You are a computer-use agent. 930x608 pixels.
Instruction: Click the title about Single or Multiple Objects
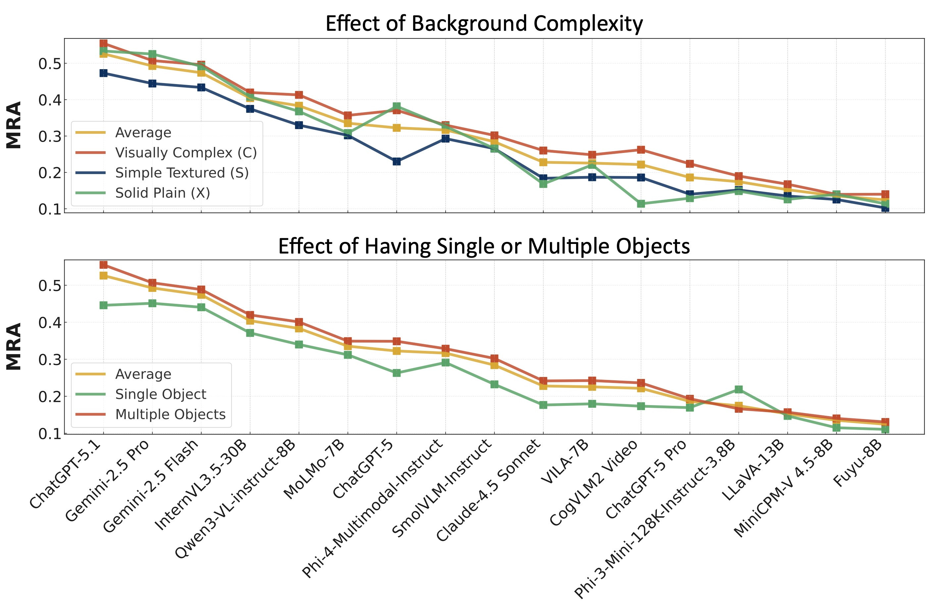pos(484,246)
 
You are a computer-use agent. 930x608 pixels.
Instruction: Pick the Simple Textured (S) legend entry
pos(182,173)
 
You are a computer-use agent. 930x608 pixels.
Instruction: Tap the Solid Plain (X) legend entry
pos(162,193)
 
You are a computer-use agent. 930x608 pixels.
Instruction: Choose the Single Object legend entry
pos(160,394)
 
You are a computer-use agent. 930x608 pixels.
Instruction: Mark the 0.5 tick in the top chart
pos(50,64)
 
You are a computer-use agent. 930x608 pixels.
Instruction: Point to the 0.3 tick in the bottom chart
pos(50,360)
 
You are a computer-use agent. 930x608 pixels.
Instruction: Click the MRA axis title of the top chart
pos(14,125)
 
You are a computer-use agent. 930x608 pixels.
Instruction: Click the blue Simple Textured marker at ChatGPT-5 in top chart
pos(397,162)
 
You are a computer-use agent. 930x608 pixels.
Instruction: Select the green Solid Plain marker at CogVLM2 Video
pos(641,204)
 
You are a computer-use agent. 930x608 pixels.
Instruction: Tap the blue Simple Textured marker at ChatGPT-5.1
pos(104,73)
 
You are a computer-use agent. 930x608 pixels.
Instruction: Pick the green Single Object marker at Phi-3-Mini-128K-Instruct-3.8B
pos(739,389)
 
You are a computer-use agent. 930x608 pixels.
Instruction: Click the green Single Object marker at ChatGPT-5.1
pos(104,305)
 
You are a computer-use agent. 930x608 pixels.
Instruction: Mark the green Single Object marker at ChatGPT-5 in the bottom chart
pos(397,373)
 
